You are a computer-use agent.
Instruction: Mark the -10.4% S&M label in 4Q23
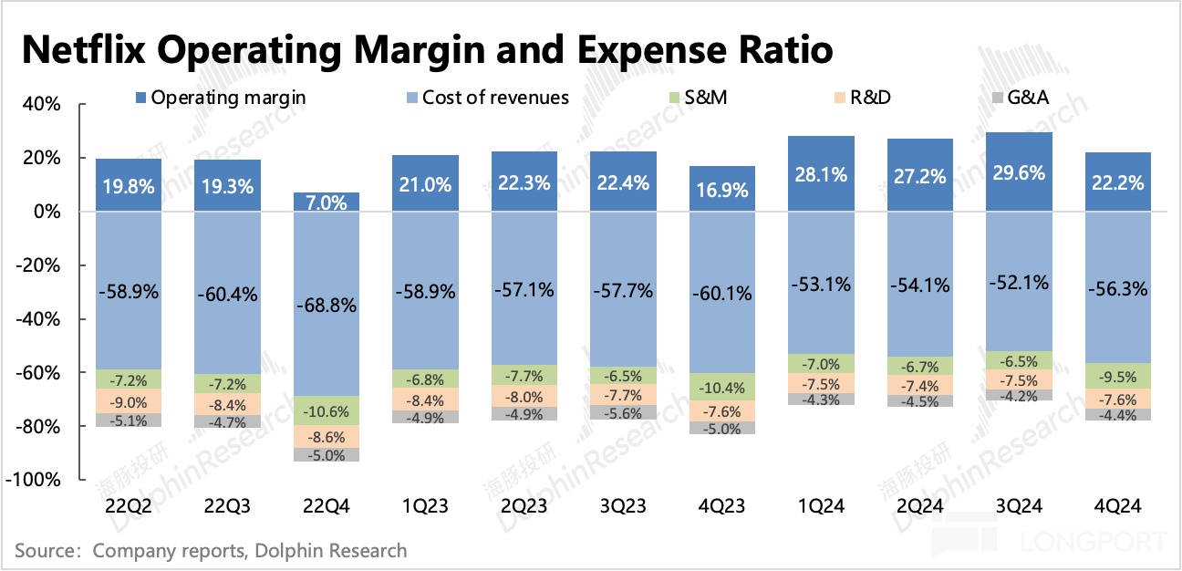(723, 388)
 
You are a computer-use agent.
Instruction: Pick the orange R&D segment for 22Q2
(129, 400)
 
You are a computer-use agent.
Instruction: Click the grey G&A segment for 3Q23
(624, 413)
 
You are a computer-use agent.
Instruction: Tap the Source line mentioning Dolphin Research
(211, 551)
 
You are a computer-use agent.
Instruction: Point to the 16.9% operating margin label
(723, 190)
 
